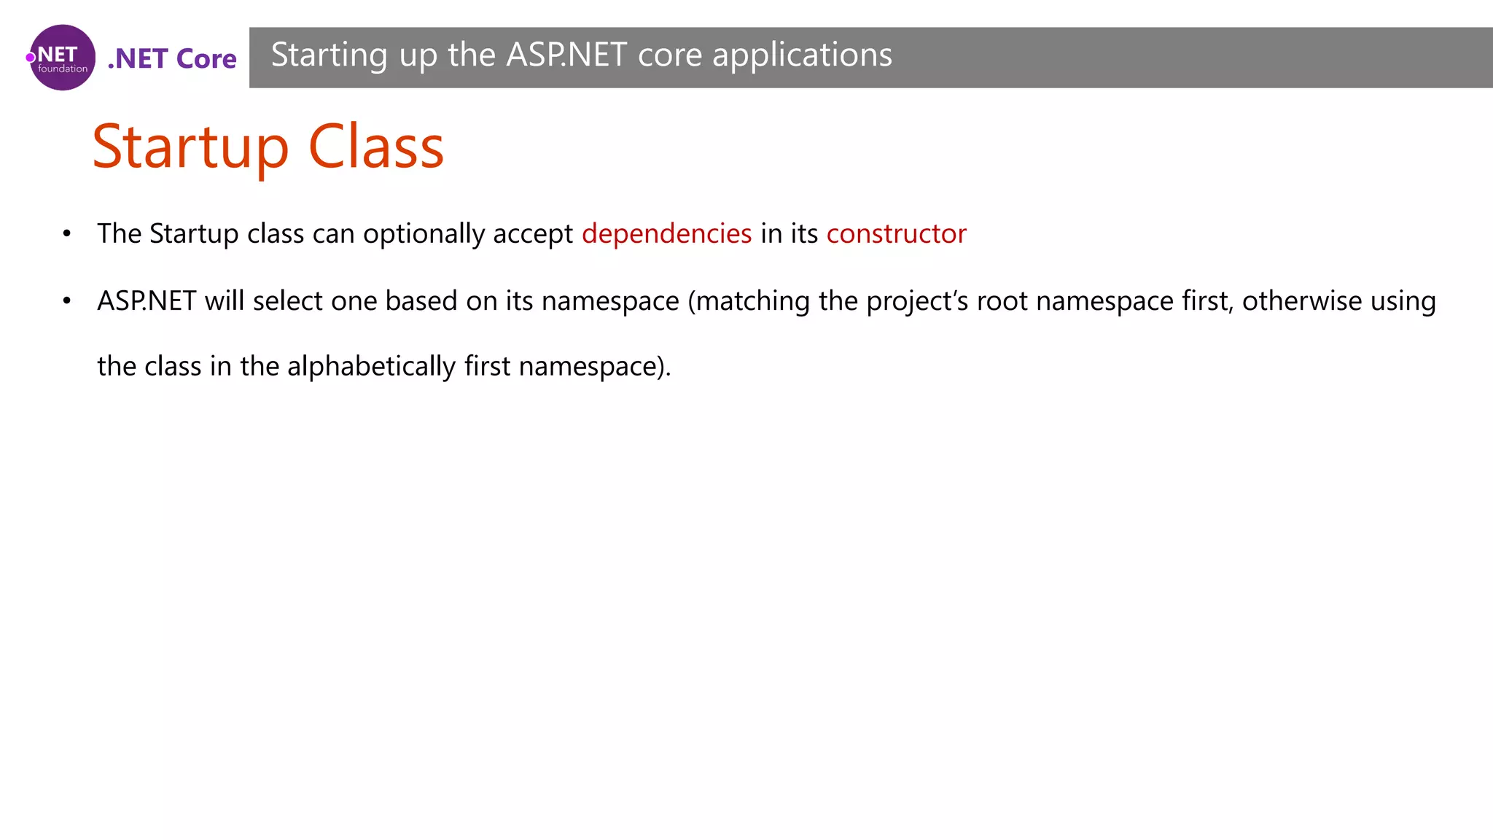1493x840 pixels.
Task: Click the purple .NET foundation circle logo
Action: [x=62, y=58]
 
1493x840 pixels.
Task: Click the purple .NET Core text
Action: [x=172, y=58]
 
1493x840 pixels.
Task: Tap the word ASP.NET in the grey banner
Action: [x=566, y=55]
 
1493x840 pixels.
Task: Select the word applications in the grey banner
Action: [x=802, y=55]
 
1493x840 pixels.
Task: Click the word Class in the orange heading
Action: [x=376, y=147]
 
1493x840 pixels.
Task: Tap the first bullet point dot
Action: [x=67, y=234]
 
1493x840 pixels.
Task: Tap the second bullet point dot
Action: [x=67, y=301]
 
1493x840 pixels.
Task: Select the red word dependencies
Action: [x=666, y=234]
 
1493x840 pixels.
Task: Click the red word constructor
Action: [x=896, y=234]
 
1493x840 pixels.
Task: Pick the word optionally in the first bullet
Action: [x=424, y=234]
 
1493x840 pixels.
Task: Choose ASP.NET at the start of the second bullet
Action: [x=147, y=301]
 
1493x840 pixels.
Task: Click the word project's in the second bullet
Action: [x=917, y=301]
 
